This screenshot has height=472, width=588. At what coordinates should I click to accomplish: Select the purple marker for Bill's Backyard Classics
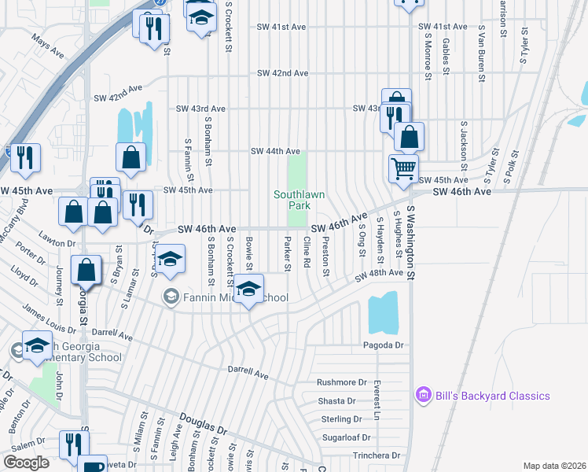[x=423, y=396]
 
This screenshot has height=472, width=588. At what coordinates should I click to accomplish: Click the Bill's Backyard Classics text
[x=493, y=396]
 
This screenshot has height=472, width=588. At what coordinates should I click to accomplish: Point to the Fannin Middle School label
[x=226, y=297]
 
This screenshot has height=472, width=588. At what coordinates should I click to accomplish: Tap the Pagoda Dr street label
[x=382, y=345]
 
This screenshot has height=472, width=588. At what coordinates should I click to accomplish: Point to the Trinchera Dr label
[x=376, y=455]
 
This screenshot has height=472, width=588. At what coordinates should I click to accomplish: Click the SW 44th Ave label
[x=275, y=151]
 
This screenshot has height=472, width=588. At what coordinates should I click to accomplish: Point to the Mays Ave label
[x=47, y=45]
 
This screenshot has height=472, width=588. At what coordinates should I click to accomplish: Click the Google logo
[x=26, y=463]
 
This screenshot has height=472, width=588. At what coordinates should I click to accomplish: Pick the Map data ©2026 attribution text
[x=553, y=466]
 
